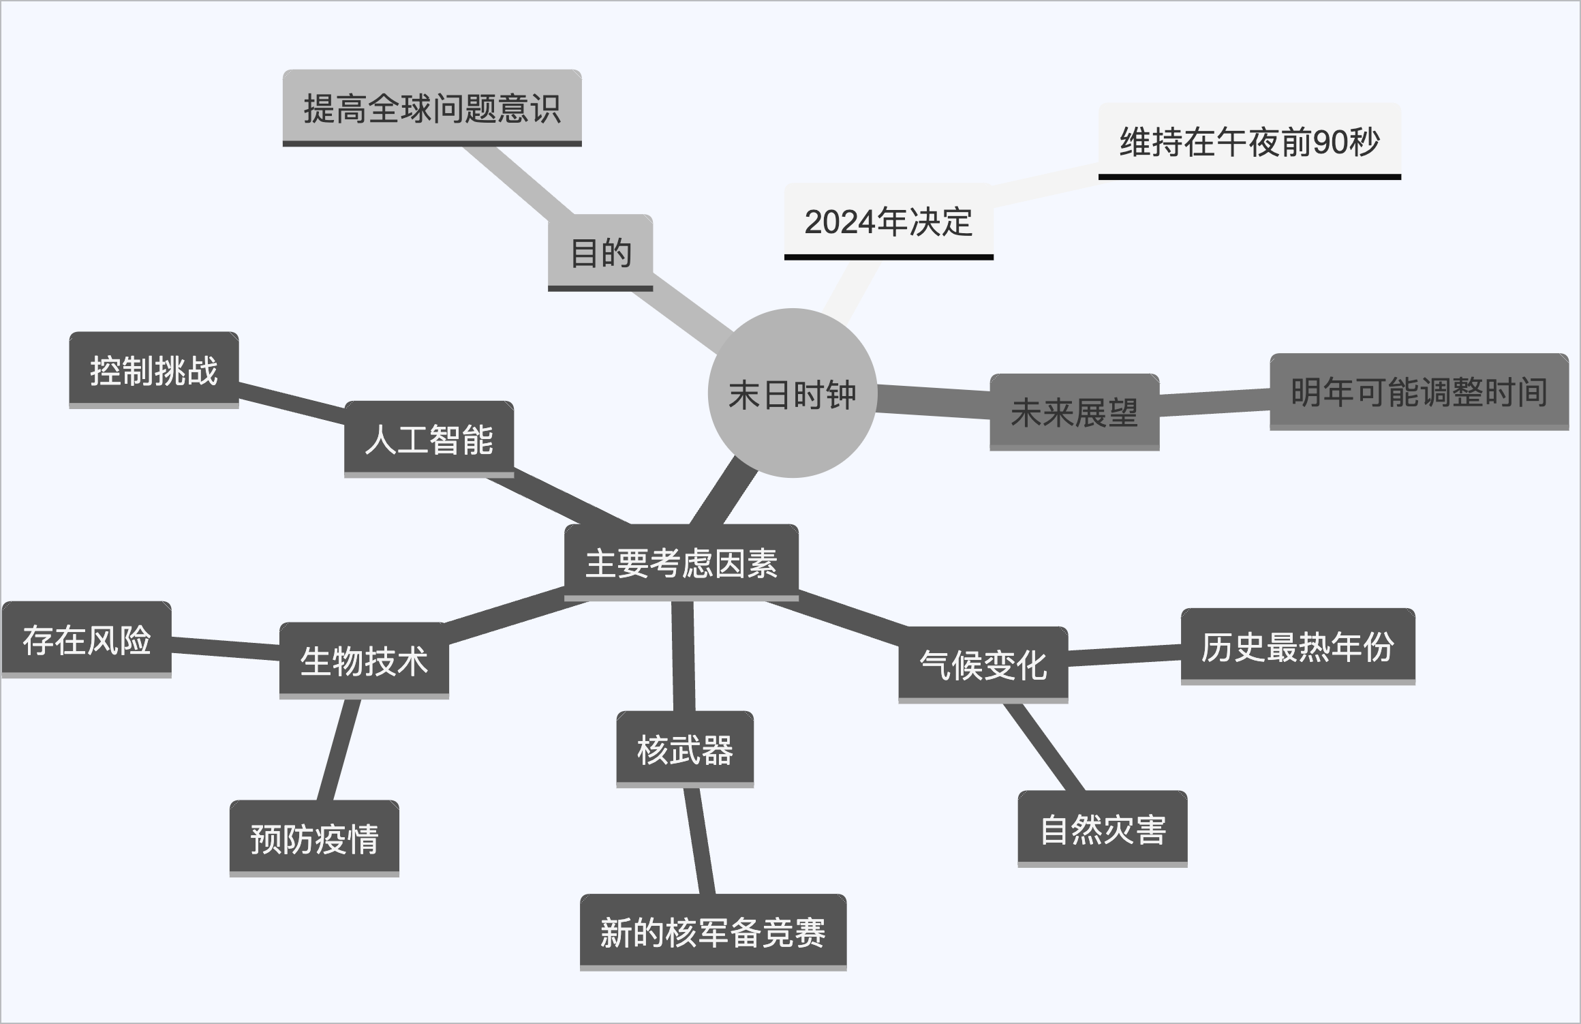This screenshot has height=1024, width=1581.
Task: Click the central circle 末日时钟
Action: pos(792,393)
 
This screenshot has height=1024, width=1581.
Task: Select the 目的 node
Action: pos(600,252)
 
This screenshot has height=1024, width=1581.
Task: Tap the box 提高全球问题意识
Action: pos(432,108)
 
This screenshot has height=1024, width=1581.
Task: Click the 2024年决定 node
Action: pos(889,222)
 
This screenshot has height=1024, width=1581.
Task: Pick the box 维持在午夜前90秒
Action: pos(1249,142)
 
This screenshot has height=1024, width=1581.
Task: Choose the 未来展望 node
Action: pos(1074,412)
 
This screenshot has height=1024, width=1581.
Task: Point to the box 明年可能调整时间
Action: pos(1419,391)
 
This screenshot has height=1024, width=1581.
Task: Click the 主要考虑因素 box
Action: pos(681,563)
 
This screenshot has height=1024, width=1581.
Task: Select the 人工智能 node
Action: pos(429,439)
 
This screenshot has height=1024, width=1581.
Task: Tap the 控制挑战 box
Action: pos(154,370)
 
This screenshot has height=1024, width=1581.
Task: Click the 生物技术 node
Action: pos(364,661)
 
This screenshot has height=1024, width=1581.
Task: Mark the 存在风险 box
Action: pos(87,639)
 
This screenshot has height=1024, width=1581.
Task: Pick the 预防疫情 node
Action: pos(314,838)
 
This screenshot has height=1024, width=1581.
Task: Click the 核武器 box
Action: pos(685,749)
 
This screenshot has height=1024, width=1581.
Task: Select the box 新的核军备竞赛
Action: pos(713,932)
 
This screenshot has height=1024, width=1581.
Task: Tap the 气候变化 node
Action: pos(983,665)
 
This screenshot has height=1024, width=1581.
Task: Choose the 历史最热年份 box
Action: pos(1298,646)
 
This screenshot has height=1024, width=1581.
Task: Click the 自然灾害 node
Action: pos(1103,829)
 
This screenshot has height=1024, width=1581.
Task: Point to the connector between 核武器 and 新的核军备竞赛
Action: pos(700,841)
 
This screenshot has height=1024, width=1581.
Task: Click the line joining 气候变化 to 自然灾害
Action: pos(1044,747)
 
